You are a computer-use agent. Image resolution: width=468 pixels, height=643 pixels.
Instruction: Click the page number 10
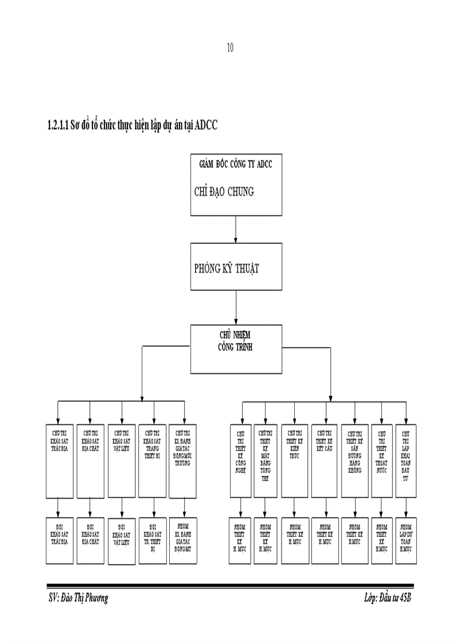coord(230,48)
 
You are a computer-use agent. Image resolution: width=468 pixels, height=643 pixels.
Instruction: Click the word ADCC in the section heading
coord(206,126)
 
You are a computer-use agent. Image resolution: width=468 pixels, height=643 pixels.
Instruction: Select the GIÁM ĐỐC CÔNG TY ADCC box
coord(236,184)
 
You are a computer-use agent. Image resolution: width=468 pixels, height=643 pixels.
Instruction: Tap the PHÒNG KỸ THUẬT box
coord(236,267)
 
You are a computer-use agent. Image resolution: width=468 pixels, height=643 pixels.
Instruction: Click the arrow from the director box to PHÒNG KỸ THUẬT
coord(236,229)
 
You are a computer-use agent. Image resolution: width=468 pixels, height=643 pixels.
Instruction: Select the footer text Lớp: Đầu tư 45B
coord(387,598)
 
